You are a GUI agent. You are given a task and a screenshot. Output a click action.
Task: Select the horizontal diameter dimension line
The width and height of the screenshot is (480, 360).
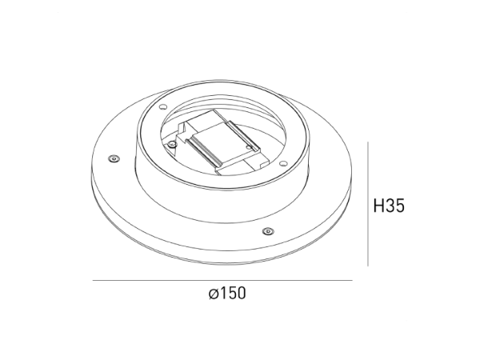pos(222,281)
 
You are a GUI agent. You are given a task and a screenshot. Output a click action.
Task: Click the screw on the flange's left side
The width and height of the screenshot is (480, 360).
pos(114,159)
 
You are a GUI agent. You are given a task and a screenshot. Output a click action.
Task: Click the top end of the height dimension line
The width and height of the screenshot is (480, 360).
pos(367,143)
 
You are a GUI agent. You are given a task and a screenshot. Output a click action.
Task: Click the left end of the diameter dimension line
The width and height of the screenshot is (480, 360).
pos(94,281)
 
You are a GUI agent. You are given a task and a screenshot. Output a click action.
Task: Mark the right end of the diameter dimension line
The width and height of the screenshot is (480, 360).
pos(352,281)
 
